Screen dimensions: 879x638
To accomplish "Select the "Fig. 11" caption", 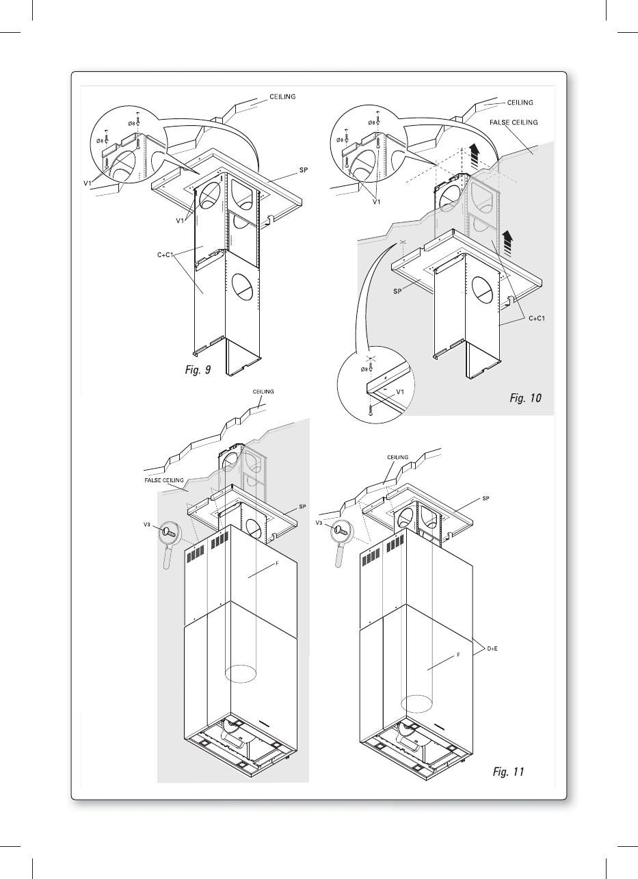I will click(508, 772).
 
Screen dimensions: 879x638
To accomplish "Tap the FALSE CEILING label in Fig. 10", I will click(514, 122).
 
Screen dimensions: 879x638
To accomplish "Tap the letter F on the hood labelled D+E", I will click(457, 655).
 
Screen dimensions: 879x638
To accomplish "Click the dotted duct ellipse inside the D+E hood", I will click(416, 704).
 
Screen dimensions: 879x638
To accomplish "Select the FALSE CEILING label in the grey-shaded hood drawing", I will click(164, 481).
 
